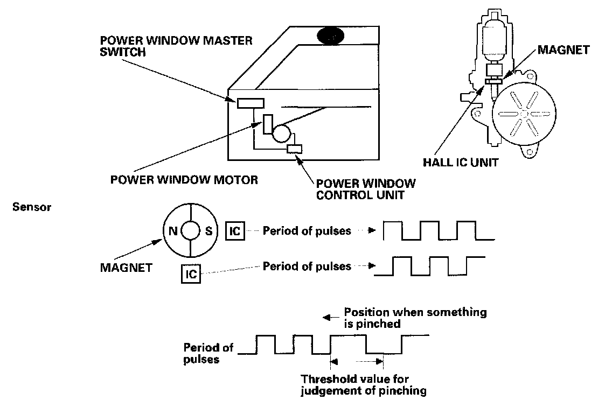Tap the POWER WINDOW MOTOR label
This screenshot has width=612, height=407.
coord(184,180)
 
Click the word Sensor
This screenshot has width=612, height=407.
coord(32,207)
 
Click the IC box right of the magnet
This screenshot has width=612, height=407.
coord(235,231)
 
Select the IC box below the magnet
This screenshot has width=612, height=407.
coord(191,274)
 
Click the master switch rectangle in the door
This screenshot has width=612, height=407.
coord(250,103)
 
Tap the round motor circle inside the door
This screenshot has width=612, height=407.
coord(282,132)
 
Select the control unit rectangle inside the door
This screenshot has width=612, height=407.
coord(295,149)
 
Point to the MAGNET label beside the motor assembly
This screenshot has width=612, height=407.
coord(562,50)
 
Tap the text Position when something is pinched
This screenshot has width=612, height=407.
coord(415,318)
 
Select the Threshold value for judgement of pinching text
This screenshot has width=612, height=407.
coord(364,384)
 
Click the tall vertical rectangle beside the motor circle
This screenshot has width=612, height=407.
coord(268,124)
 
